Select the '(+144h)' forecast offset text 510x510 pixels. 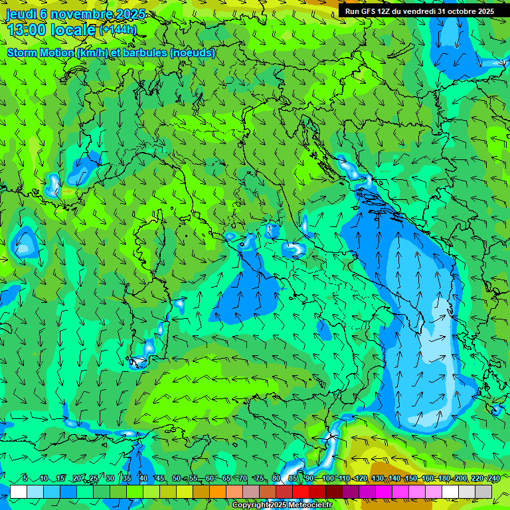(118, 30)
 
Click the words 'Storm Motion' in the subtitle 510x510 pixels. (40, 53)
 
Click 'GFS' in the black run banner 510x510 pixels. (367, 11)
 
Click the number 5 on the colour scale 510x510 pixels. (25, 479)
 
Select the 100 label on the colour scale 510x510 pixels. (328, 479)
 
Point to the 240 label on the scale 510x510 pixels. (493, 479)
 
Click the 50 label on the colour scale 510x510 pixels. (176, 479)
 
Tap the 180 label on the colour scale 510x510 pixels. (444, 479)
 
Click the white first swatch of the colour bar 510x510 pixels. (19, 491)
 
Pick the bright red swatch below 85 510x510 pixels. (301, 491)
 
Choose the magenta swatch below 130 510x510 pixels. (384, 491)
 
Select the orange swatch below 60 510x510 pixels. (218, 491)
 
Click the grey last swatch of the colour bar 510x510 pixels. (483, 491)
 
